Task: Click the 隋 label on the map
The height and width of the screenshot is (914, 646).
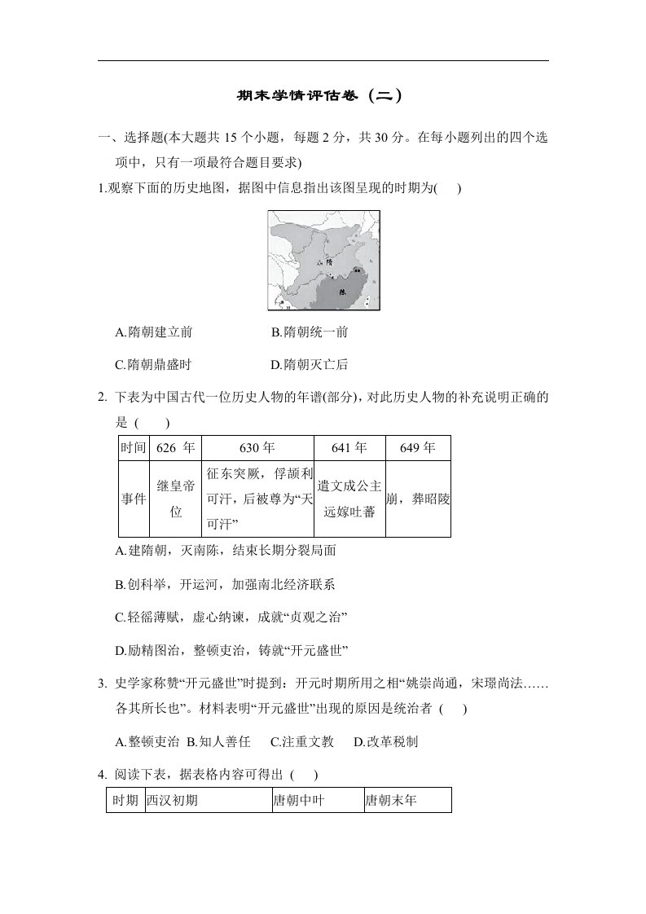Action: coord(329,262)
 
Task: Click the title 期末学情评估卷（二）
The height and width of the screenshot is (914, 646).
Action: coord(323,95)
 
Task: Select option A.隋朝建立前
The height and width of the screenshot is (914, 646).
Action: coord(155,332)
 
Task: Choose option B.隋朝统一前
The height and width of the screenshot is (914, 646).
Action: coord(310,332)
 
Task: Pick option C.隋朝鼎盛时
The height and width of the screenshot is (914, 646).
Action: coord(154,364)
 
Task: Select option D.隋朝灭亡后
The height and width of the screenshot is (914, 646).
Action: coord(310,364)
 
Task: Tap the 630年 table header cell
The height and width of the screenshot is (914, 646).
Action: coord(257,448)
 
